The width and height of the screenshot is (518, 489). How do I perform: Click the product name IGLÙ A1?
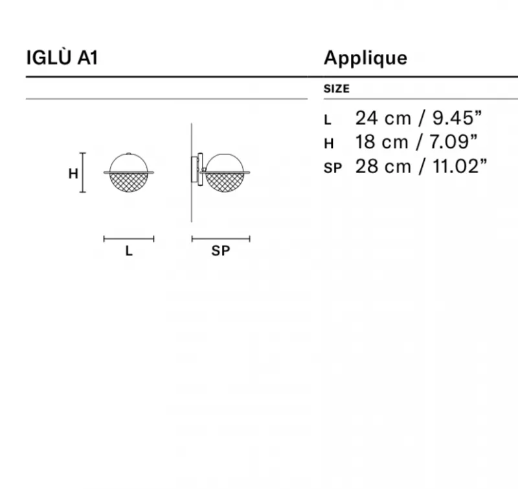62,58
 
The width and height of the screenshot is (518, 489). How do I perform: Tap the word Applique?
365,59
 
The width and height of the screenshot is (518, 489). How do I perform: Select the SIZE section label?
336,89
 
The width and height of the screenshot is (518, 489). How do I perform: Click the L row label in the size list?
328,120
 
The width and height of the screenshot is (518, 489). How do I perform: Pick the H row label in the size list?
329,143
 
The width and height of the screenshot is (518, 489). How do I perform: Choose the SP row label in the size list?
333,168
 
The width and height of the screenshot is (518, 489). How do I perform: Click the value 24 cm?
383,118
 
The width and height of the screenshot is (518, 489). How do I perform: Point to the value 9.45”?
457,118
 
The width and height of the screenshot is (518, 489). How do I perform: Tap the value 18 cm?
382,142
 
